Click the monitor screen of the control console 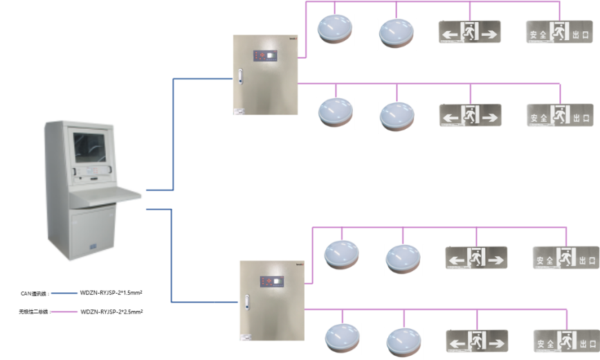pos(91,147)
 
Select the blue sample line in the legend pos(64,294)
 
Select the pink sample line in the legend pos(64,312)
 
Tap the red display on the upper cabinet pos(264,54)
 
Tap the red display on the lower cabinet pos(271,281)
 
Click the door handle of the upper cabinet pos(239,75)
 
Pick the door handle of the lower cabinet pos(246,302)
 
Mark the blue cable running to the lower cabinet pos(171,263)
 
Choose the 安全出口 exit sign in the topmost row pos(560,32)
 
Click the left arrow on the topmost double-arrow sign pos(451,33)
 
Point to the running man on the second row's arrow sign pos(471,115)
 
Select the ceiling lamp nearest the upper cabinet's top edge pos(335,29)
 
